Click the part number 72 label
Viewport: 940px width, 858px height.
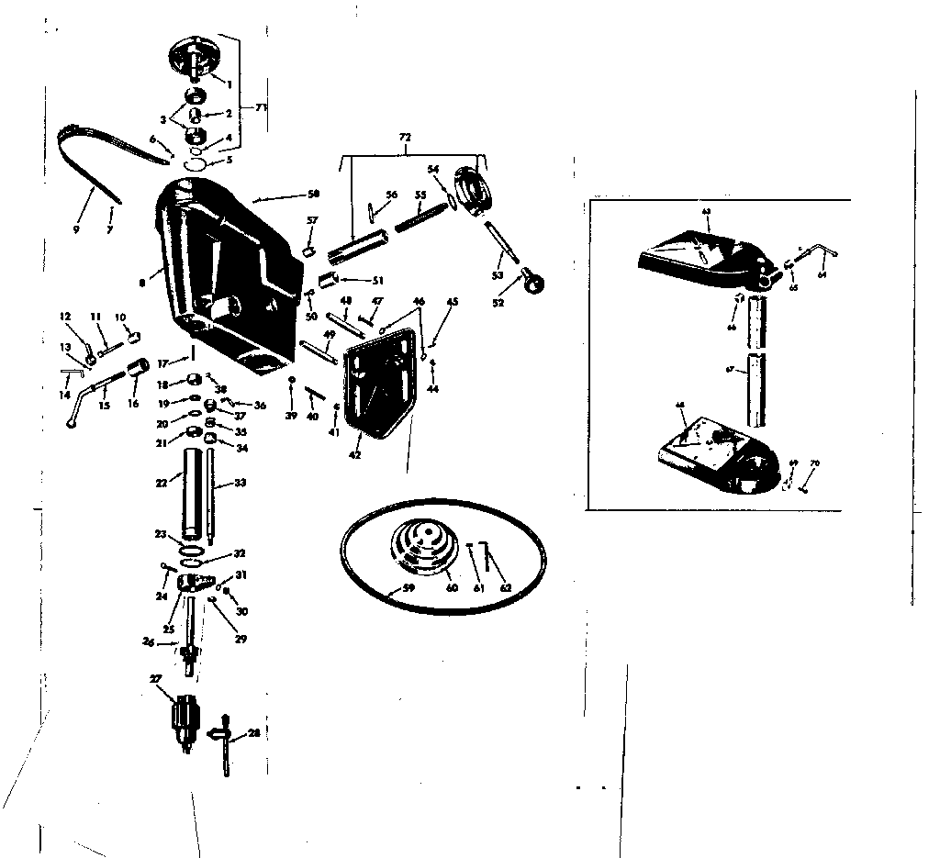tap(405, 137)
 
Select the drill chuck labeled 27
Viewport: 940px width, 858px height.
tap(187, 716)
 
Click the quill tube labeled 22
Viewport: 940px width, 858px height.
tap(191, 496)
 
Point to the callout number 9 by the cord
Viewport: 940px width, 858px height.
tap(76, 229)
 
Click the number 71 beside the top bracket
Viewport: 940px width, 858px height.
tap(262, 108)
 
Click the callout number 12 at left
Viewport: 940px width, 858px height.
tap(65, 317)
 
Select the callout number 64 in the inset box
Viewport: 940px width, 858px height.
tap(822, 273)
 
